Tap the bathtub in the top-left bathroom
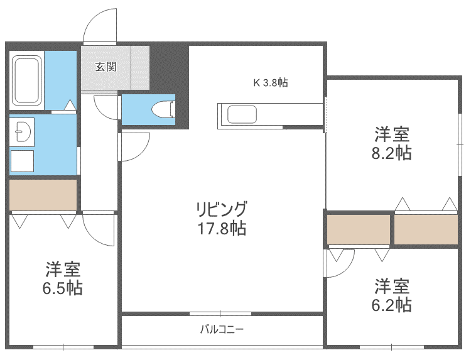pos(26,82)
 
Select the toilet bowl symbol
pos(165,109)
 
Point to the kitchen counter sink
pos(242,115)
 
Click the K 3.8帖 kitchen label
pos(270,82)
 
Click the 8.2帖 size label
pos(392,153)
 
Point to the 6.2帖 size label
pos(392,305)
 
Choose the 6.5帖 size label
pos(63,288)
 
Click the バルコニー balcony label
pos(221,329)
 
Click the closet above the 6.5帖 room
pos(43,195)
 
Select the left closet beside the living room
pos(358,229)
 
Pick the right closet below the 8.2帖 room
pos(426,229)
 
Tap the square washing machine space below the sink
pos(23,161)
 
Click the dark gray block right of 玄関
pos(168,69)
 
